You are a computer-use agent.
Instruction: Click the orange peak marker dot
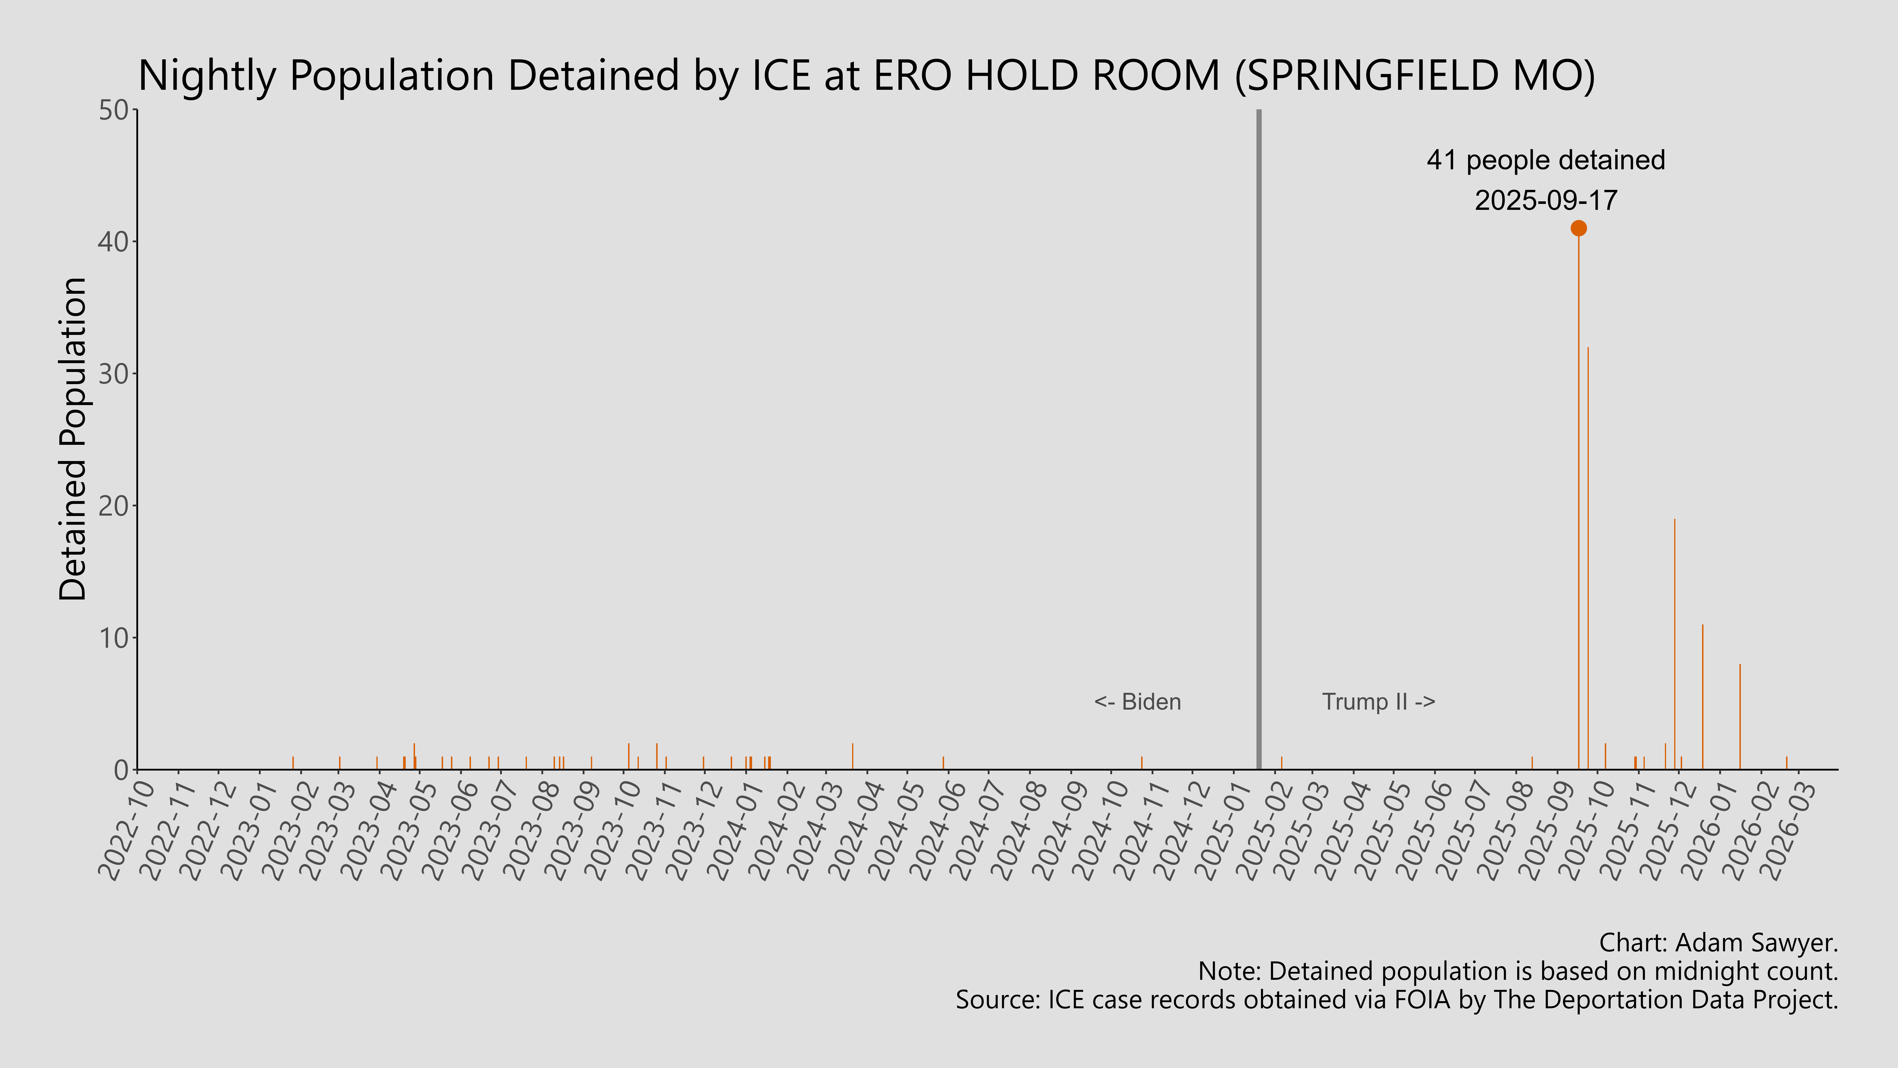click(x=1578, y=228)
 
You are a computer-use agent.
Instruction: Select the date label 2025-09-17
click(x=1545, y=201)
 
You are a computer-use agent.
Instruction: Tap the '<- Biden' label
click(x=1137, y=702)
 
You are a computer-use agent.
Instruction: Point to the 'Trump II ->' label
click(x=1378, y=702)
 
